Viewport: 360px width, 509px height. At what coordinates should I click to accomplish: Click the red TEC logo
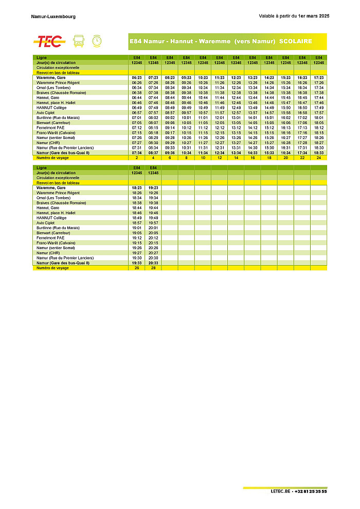pos(49,41)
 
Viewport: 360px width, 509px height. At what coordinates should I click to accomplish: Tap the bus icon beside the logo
pos(79,41)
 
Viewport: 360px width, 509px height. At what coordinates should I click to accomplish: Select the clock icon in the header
pos(96,41)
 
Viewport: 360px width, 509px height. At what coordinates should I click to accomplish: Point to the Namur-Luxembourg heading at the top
pos(53,16)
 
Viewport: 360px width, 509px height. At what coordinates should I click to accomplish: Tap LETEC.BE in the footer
pos(281,492)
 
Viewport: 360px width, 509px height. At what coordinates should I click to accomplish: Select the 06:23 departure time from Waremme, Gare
pos(137,78)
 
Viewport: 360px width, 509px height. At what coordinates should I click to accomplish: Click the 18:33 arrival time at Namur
pos(319,153)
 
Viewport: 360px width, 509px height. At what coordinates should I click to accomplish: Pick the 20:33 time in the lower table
pos(153,263)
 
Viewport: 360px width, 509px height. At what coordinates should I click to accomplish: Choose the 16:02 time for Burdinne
pos(285,118)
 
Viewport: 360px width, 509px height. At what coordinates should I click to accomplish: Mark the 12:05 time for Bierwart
pos(220,123)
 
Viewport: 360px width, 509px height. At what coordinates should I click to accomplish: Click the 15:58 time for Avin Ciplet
pos(285,113)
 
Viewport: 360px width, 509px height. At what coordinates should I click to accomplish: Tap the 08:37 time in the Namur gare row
pos(153,153)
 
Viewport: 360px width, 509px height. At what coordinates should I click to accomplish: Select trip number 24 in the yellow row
pos(319,158)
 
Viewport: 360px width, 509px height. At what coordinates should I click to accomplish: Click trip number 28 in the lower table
pos(153,268)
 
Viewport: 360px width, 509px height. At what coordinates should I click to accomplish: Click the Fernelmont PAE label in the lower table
pos(50,238)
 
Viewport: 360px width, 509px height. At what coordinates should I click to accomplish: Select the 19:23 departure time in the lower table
pos(153,188)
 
